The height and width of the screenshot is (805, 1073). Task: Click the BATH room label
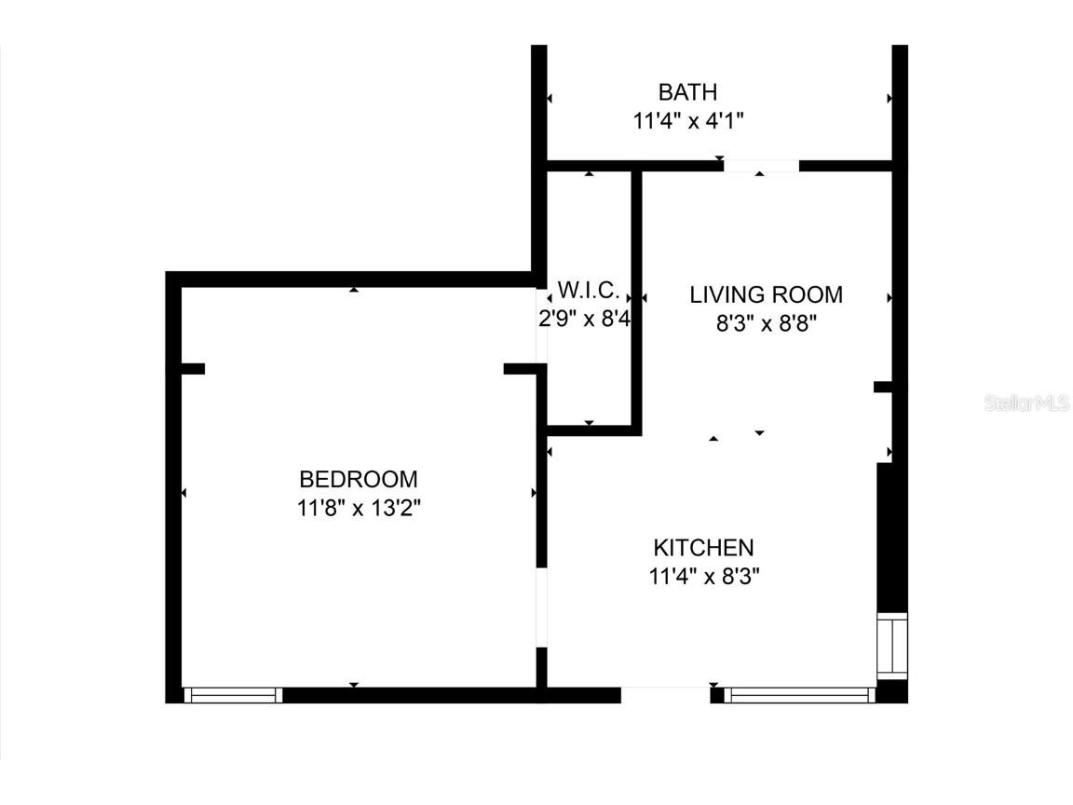[687, 92]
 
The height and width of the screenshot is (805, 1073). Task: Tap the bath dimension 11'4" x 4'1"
[687, 121]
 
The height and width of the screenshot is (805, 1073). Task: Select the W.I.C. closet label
[588, 288]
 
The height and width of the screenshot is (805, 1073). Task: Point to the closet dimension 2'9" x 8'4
[586, 318]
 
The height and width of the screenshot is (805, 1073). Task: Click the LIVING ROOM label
[766, 295]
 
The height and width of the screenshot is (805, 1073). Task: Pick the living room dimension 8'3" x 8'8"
[766, 324]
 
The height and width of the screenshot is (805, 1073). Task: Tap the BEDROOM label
[359, 479]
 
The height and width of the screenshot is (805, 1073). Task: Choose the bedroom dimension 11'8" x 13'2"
[359, 509]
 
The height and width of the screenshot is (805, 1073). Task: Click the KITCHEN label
[703, 547]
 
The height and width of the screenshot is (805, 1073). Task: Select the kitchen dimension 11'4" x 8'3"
[704, 577]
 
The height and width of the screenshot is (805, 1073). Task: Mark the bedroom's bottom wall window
[233, 694]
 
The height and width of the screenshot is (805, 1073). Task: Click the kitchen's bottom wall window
[799, 694]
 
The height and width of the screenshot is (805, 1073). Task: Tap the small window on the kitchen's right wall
[892, 646]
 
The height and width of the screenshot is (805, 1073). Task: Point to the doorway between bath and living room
[761, 166]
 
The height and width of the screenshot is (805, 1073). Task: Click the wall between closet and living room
[637, 298]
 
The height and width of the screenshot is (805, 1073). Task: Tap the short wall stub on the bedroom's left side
[189, 369]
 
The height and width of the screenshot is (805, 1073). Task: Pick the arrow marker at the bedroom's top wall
[354, 290]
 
